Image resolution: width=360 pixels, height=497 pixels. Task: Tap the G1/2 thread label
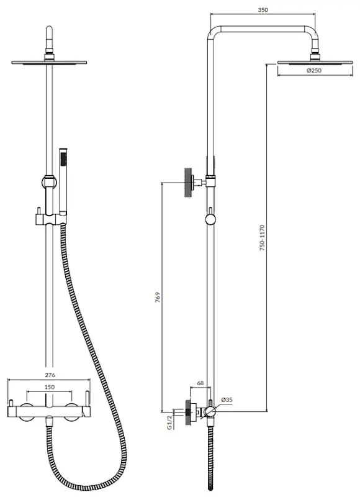pos(168,423)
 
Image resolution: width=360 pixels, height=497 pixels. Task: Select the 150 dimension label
pos(48,388)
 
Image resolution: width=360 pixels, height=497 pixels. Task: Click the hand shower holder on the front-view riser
pos(48,217)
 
